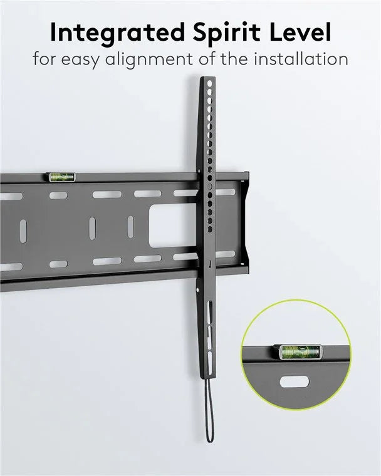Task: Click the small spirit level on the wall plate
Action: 61,177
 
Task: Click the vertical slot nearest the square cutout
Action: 131,227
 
